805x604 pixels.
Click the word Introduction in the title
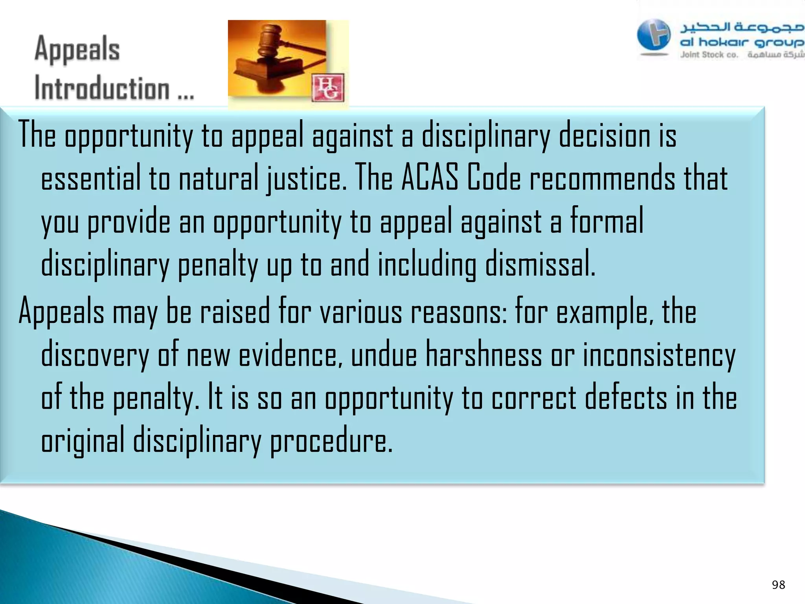102,88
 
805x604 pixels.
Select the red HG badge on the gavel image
328,88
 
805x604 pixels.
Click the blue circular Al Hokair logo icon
654,35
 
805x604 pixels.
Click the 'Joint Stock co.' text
709,55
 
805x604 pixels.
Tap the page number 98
778,585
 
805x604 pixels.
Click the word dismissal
540,264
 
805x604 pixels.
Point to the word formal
607,221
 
